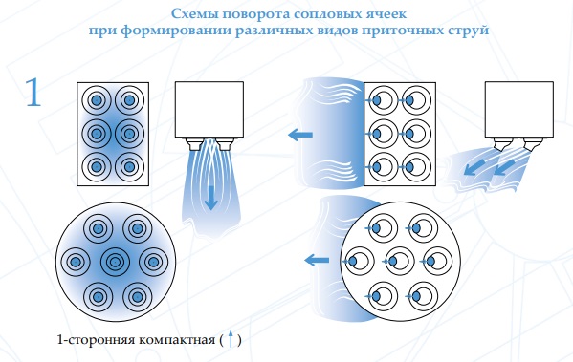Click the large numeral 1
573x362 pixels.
tap(33, 93)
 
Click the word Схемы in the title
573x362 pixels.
tap(195, 14)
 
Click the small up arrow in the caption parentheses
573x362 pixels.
tap(231, 338)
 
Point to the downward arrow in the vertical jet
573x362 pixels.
tap(210, 198)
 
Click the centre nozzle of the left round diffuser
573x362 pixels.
tap(115, 262)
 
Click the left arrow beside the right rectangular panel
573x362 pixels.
tap(300, 135)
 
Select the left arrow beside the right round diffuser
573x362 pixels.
tap(317, 261)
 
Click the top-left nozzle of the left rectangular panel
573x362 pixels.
tap(97, 100)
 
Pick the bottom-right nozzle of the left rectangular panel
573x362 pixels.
tap(129, 167)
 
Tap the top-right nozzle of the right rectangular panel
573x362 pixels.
tap(415, 100)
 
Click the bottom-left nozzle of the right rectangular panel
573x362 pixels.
tap(382, 167)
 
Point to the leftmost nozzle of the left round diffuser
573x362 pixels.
tap(76, 262)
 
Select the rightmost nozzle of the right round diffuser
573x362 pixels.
tap(436, 262)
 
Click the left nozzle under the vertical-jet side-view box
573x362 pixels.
tap(193, 143)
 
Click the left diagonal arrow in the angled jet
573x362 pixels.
tap(475, 166)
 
